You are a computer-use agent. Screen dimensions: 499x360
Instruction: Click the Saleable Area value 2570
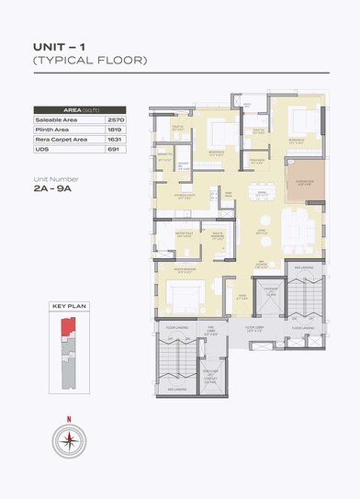pyautogui.click(x=115, y=119)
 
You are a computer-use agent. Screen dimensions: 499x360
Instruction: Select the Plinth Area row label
pyautogui.click(x=56, y=130)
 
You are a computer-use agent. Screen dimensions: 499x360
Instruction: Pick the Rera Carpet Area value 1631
pyautogui.click(x=115, y=139)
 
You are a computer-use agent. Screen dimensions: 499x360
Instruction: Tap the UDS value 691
pyautogui.click(x=115, y=149)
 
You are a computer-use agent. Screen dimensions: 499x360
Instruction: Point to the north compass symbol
pyautogui.click(x=70, y=440)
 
